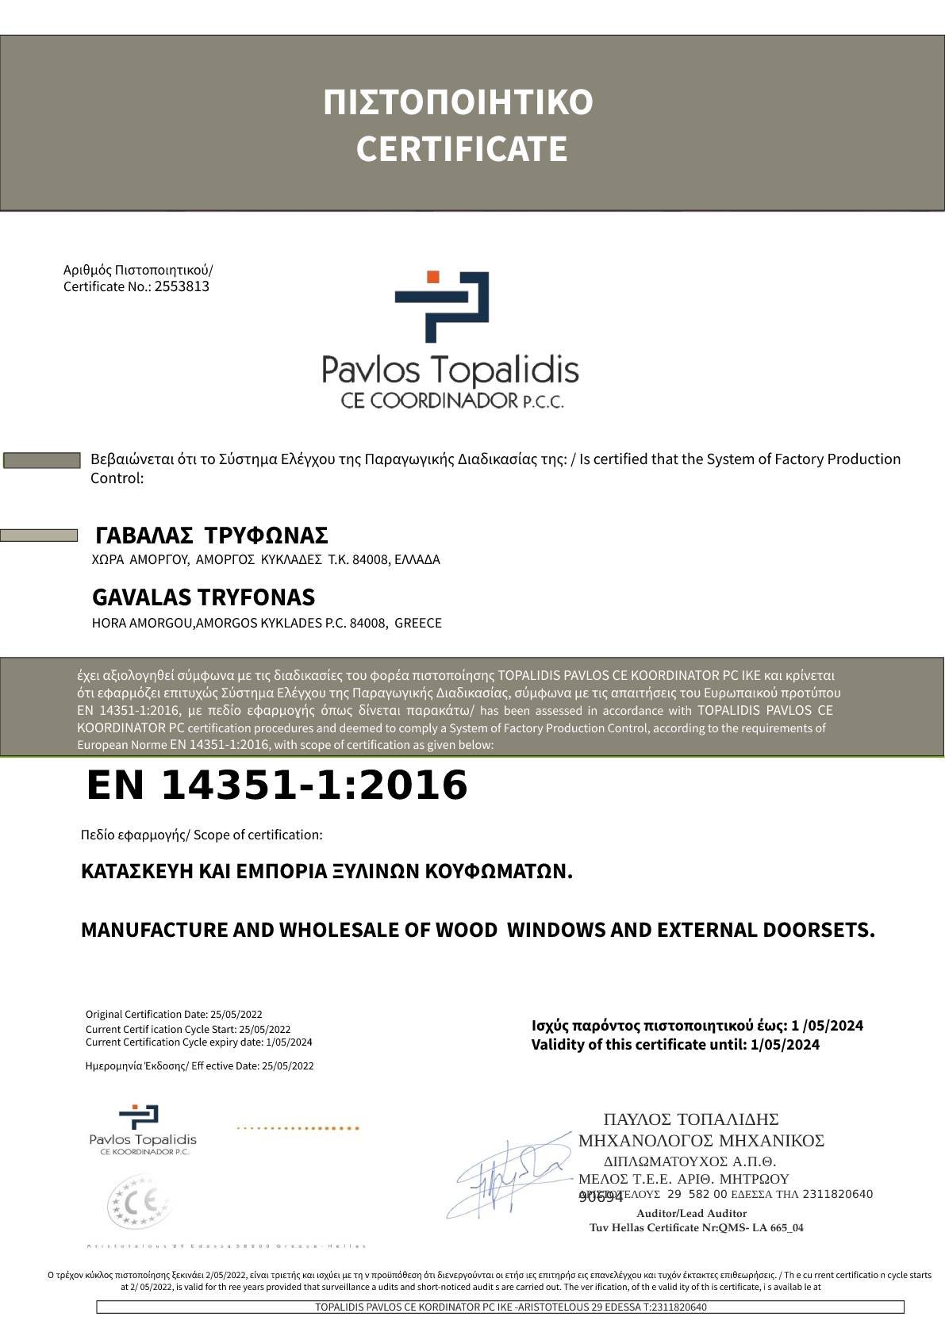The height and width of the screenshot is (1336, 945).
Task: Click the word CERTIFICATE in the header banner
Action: point(461,149)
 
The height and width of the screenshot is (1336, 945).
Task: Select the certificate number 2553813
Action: point(182,287)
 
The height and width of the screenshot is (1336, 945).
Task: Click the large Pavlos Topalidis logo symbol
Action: point(442,306)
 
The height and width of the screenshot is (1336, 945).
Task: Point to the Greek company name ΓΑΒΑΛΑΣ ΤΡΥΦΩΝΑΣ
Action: point(211,536)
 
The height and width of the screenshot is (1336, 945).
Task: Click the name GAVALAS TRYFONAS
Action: point(203,597)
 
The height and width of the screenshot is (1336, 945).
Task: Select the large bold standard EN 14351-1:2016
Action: point(277,785)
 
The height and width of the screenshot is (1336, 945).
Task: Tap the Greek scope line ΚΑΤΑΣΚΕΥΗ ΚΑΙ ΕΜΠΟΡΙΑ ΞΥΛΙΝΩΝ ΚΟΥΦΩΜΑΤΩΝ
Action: point(326,872)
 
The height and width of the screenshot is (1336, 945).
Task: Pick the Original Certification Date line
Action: point(174,1015)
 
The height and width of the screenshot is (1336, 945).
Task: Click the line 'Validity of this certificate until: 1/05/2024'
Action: point(675,1045)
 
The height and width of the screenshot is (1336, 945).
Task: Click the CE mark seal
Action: point(139,1202)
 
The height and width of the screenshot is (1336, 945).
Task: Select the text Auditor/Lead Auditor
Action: point(691,1214)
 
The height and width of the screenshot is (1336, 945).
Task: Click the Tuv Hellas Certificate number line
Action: point(696,1228)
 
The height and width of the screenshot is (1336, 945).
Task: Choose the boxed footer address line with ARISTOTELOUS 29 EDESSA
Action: point(500,1307)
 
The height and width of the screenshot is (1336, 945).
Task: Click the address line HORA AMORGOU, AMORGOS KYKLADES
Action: point(267,624)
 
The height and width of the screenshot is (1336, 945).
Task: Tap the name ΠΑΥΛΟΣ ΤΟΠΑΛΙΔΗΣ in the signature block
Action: point(690,1120)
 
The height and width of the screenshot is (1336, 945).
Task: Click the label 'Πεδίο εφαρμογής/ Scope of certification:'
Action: point(202,835)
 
